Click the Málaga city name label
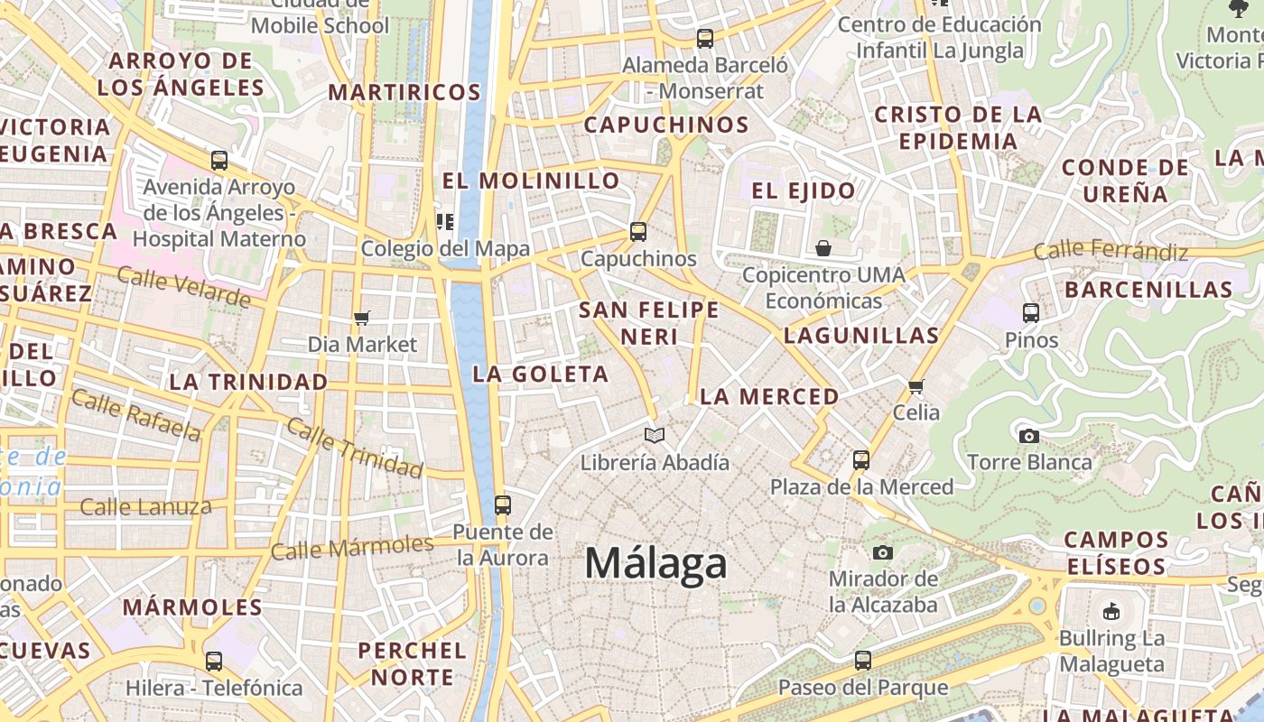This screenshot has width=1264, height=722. coord(655,564)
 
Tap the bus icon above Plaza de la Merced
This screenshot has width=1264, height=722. coord(861,460)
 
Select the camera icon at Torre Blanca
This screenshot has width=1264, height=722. coord(1028,437)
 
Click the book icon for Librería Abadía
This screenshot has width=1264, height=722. coord(655,436)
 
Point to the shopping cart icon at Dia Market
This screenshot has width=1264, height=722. coord(362,318)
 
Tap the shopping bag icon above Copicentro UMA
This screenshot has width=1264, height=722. coord(823,248)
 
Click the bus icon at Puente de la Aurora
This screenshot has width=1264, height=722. coord(503,505)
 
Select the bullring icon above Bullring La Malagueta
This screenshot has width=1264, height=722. coord(1111,611)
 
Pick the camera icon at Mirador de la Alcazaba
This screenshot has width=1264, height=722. coord(883,552)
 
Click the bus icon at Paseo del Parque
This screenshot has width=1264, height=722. coord(863,661)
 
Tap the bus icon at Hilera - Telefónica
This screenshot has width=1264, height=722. coord(214,662)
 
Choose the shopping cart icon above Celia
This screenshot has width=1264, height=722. coord(916,387)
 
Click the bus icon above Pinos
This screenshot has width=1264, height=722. coord(1031,313)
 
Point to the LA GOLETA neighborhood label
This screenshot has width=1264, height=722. coord(541,374)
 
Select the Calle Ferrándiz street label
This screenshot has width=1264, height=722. coord(1111,250)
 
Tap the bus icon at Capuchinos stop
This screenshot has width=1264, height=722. coord(638,232)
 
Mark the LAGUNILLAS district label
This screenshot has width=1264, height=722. coord(861,336)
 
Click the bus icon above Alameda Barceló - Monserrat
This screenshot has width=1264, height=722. coord(705,39)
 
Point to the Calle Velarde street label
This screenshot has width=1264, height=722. coord(183,287)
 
